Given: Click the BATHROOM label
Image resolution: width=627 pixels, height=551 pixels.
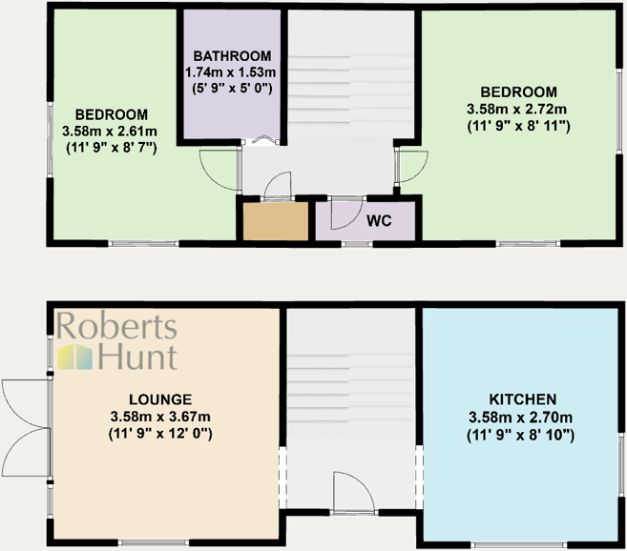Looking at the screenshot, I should click(231, 55).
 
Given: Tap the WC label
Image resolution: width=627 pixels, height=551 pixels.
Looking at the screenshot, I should click(379, 220).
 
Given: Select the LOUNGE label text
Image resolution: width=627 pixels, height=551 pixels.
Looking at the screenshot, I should click(161, 398).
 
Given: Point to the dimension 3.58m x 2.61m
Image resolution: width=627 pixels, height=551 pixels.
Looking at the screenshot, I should click(110, 131).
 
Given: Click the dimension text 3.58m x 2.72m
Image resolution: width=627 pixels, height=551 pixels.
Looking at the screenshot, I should click(518, 108).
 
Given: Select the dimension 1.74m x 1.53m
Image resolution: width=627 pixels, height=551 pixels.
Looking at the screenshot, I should click(231, 72).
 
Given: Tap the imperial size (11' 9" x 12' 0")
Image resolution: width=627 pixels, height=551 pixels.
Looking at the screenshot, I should click(161, 434).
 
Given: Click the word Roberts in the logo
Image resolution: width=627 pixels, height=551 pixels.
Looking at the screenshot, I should click(117, 327).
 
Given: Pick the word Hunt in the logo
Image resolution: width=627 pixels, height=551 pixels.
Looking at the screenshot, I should click(139, 357).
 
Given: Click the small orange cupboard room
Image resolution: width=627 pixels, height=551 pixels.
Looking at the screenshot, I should click(274, 221).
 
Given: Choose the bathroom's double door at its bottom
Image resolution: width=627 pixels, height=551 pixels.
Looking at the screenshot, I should click(262, 141).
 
